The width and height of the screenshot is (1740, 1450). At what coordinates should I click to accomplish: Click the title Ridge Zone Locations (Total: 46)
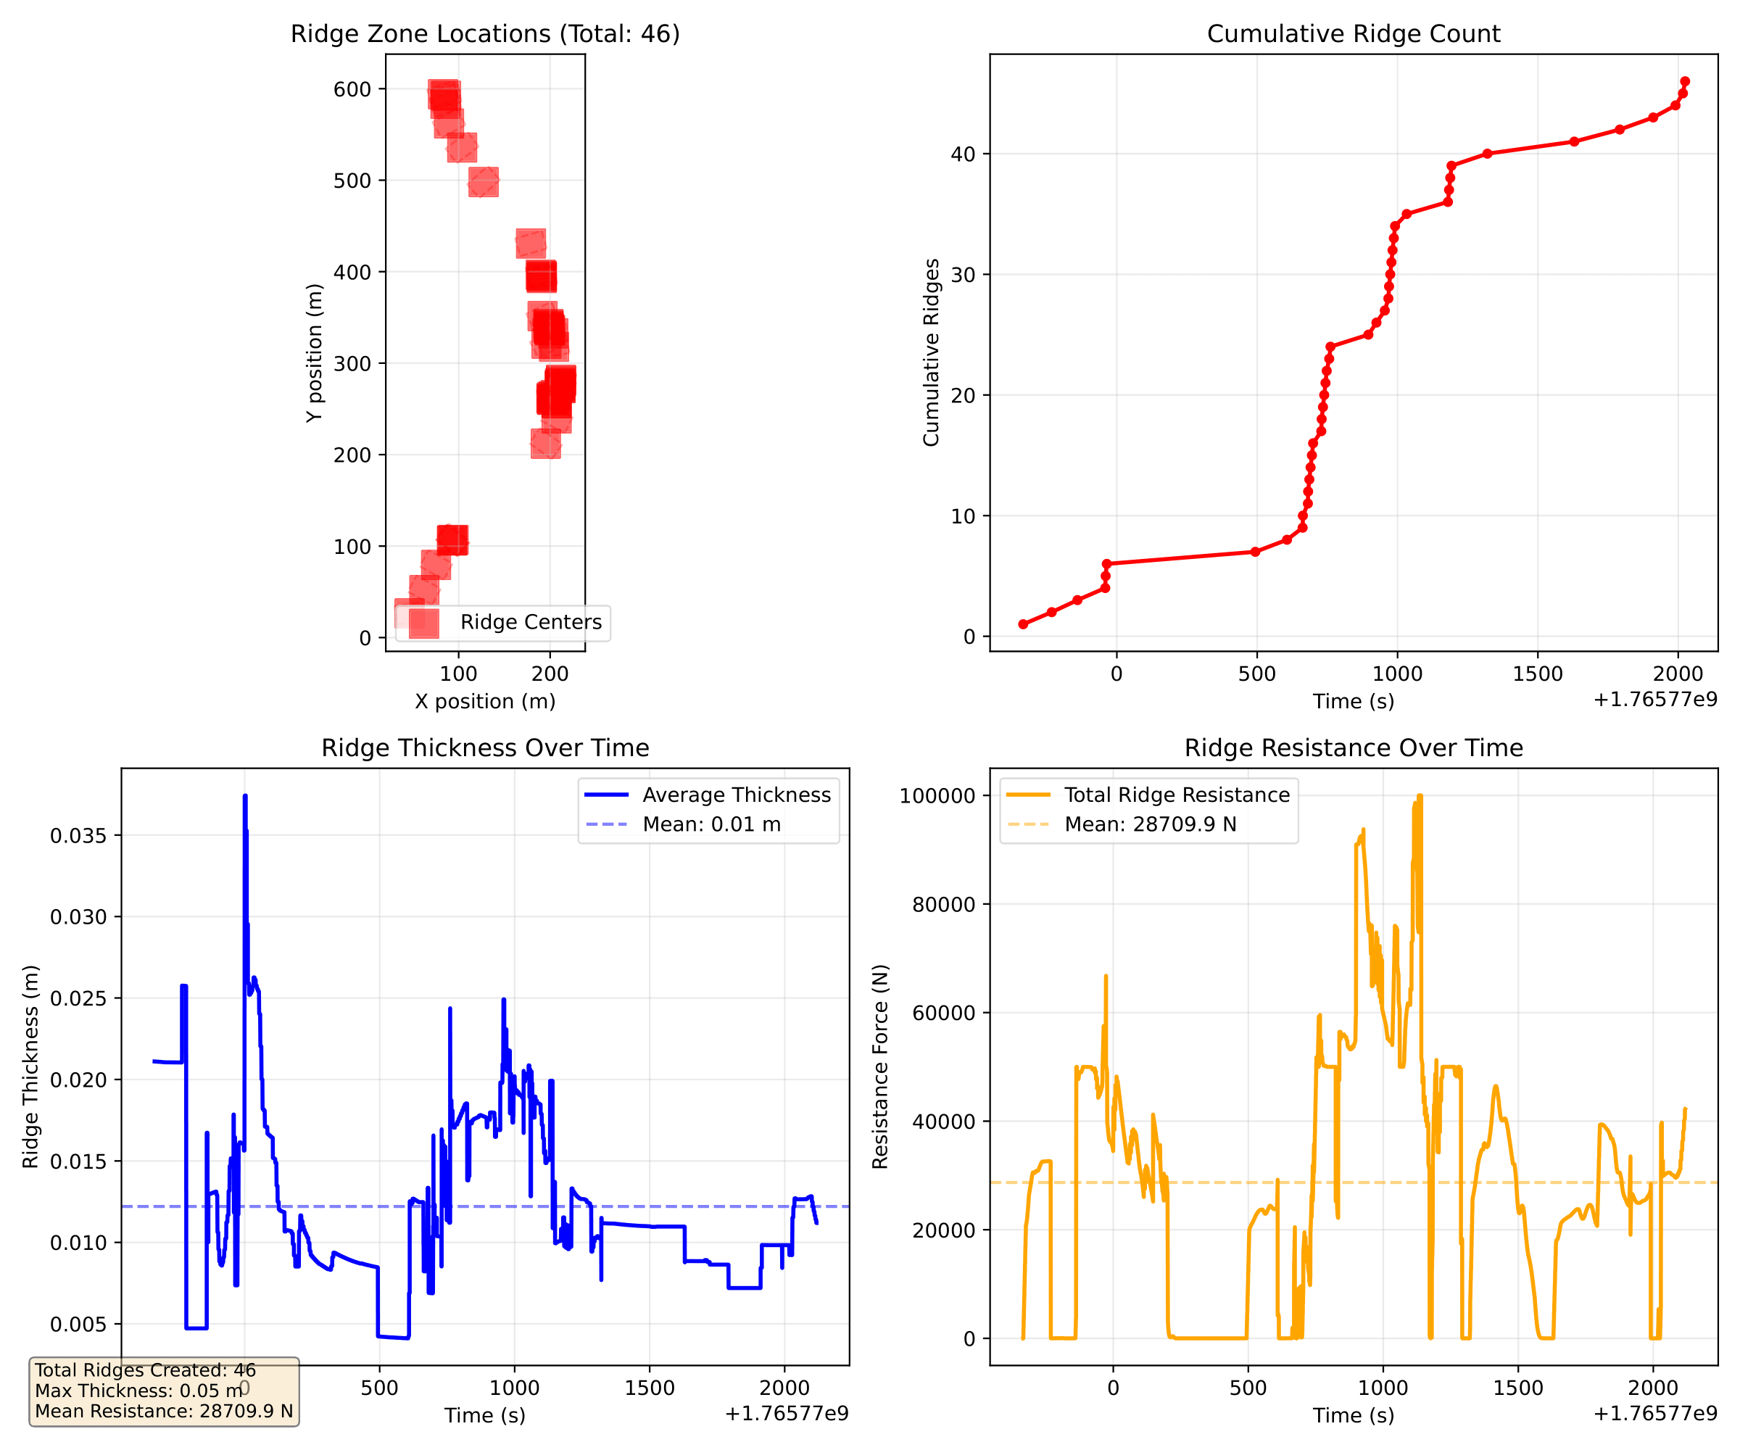tap(485, 34)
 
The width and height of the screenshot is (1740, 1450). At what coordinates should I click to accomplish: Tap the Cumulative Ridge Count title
tap(1353, 34)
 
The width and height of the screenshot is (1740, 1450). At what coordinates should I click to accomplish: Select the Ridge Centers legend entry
tap(530, 622)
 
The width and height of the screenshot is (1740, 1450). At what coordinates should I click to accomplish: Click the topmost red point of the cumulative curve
tap(1684, 82)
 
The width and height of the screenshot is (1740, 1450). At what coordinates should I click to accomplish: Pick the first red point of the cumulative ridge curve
tap(1023, 624)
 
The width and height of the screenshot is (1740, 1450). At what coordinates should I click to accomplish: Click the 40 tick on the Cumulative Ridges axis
tap(963, 154)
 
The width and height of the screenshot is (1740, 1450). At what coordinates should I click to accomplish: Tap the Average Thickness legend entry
tap(736, 795)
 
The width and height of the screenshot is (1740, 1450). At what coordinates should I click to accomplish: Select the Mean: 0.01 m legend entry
tap(711, 824)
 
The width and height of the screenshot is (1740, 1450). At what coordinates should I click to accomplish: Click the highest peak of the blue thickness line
tap(245, 796)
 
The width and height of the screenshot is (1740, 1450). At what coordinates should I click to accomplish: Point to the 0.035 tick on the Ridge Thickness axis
tap(79, 835)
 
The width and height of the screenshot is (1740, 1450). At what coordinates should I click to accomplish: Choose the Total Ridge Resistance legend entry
tap(1177, 795)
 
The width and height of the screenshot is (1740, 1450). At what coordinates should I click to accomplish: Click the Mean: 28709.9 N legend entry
tap(1150, 824)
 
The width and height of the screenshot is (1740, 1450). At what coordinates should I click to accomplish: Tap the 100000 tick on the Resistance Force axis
tap(937, 795)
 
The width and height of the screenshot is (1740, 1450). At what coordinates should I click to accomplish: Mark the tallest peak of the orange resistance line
tap(1420, 796)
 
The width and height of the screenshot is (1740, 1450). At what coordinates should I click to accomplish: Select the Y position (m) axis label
tap(314, 353)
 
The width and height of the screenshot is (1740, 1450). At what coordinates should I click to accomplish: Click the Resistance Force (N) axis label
tap(880, 1066)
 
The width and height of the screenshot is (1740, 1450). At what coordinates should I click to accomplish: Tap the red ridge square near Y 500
tap(484, 181)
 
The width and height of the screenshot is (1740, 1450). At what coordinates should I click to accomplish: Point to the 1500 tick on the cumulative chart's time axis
tap(1538, 674)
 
